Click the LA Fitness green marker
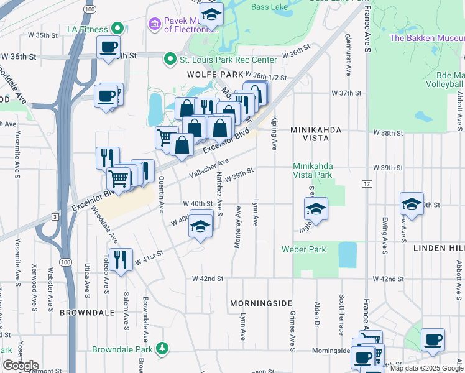[116, 29]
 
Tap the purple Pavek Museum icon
[154, 24]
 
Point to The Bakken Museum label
[426, 39]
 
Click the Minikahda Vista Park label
[313, 171]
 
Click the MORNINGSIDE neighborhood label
[261, 303]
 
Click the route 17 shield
[367, 184]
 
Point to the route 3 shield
[55, 216]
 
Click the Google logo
[20, 366]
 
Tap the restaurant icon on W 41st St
[120, 259]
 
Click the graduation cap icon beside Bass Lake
[211, 13]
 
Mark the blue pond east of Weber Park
[348, 254]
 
